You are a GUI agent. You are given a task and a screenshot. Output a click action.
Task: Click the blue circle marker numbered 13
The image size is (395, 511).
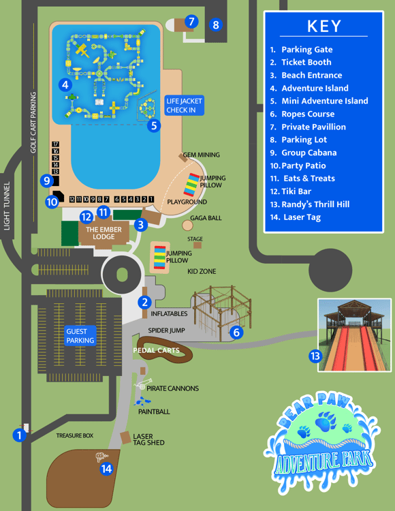315,356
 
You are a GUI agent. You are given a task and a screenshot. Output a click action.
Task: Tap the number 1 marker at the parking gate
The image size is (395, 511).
19,434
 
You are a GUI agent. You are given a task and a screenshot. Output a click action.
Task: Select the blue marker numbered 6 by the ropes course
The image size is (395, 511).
236,332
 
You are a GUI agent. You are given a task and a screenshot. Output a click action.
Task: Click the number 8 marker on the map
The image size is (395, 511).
216,25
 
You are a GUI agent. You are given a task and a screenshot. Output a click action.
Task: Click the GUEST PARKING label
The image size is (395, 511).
80,336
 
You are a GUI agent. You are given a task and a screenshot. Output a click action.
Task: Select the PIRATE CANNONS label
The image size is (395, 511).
172,388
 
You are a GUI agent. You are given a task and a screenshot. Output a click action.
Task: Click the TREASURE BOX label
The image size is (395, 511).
74,435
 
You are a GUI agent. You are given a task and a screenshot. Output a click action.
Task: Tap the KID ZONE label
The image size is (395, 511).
202,272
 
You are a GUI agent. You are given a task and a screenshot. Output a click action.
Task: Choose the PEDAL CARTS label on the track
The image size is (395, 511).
157,351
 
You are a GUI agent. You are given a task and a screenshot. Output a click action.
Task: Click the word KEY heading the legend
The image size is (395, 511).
323,27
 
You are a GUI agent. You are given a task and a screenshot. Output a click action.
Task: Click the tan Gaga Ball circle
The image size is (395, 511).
187,225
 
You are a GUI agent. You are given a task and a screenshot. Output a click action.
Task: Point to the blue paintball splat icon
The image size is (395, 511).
143,401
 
